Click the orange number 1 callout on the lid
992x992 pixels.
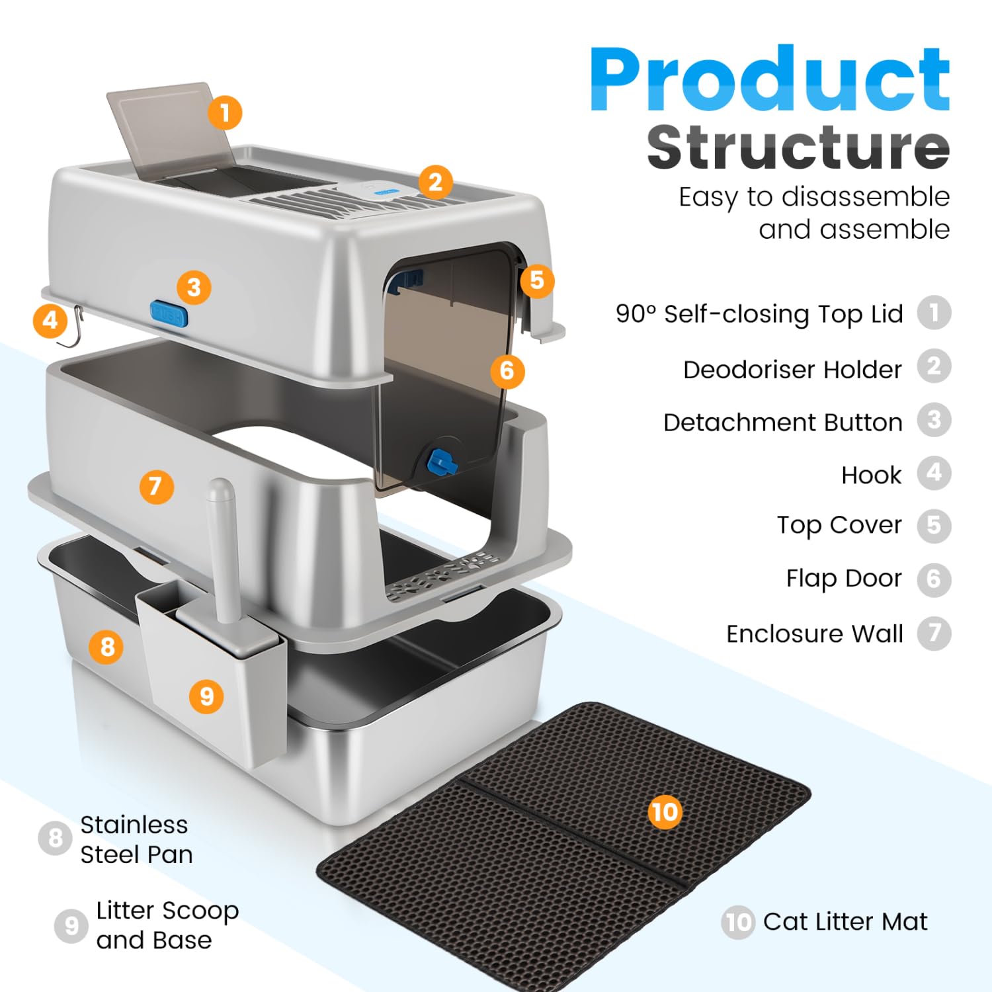tap(225, 112)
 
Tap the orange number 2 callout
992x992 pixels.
tap(435, 182)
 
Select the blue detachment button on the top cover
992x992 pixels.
tap(169, 313)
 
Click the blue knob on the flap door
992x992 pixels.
tap(442, 462)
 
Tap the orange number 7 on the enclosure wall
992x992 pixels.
tap(156, 487)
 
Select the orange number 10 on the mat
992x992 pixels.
tap(665, 811)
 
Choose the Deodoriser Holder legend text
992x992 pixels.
tap(792, 369)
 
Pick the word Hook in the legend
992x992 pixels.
tap(871, 475)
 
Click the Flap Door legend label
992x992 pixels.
tap(844, 578)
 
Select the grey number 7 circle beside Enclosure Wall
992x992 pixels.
tap(934, 633)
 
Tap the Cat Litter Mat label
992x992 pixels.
tap(845, 921)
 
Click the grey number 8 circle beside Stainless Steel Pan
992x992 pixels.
tap(56, 838)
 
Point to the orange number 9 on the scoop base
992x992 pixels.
tap(207, 696)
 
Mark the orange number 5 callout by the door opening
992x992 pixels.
tap(537, 280)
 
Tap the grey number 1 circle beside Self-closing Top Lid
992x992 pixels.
tap(934, 313)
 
